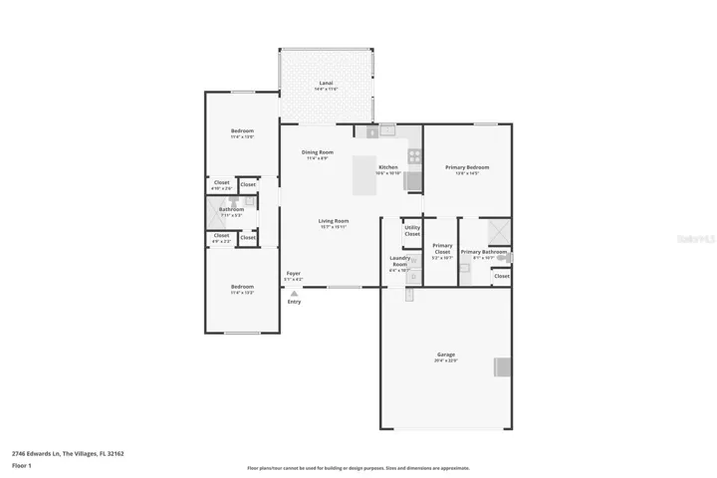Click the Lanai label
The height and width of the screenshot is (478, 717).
[326, 83]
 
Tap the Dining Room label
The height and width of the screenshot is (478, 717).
[319, 152]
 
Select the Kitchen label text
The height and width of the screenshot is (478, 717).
[388, 166]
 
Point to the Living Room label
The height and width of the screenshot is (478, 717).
[333, 221]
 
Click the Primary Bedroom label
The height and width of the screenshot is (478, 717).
[467, 167]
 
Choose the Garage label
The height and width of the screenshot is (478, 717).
[445, 355]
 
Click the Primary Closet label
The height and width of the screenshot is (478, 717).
[442, 249]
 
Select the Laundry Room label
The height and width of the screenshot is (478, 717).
[399, 261]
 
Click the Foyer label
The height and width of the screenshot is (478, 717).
[294, 273]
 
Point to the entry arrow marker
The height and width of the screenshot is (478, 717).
[294, 291]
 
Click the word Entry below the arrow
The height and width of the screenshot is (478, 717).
[294, 302]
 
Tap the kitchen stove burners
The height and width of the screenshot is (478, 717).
[414, 155]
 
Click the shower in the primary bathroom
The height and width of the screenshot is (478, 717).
[495, 232]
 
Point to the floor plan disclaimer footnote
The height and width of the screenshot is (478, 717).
[358, 468]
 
